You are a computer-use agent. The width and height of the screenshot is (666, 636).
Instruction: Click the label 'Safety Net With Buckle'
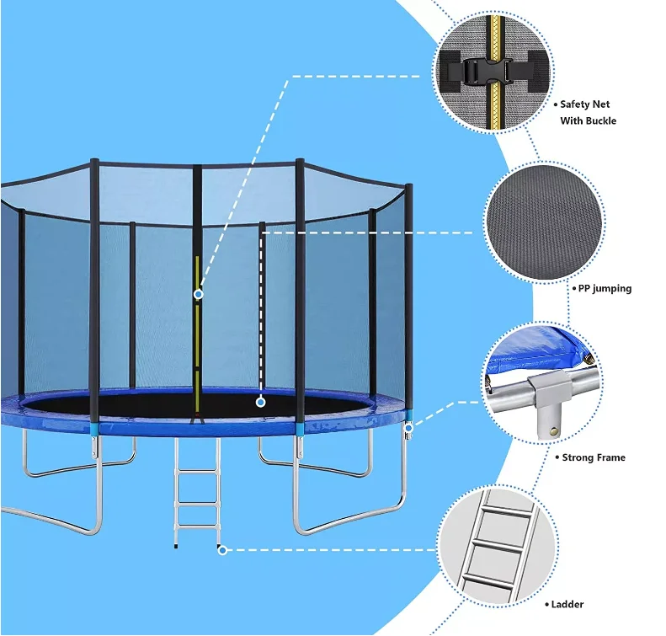click(588, 112)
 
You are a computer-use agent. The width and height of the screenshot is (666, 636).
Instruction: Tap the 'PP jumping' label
click(604, 289)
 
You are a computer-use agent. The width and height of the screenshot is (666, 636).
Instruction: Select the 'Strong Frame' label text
click(594, 457)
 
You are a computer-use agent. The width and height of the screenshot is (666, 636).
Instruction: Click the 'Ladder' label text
click(567, 604)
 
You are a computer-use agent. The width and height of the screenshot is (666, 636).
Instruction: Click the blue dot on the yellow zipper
click(199, 294)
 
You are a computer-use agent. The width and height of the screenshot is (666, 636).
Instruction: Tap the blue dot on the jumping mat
click(261, 403)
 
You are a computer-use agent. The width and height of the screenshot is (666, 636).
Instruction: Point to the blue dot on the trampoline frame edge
click(409, 429)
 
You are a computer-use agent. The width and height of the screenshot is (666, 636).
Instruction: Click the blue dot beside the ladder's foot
click(222, 550)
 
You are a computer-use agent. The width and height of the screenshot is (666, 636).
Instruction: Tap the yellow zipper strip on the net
click(198, 337)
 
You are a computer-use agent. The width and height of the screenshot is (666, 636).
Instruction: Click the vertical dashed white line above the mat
click(262, 312)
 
